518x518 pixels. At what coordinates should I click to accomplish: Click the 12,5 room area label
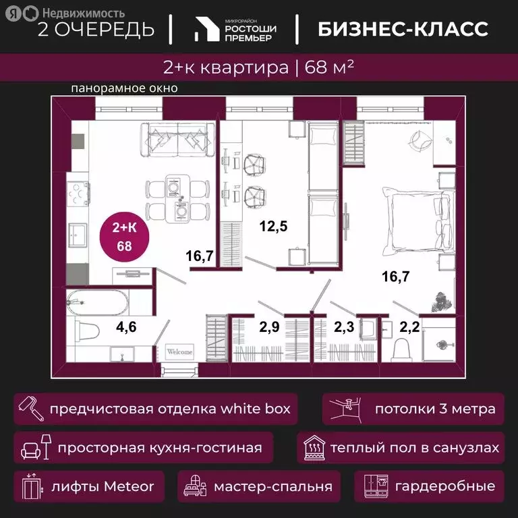click(275, 227)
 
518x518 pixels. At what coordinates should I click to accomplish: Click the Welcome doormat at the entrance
click(179, 351)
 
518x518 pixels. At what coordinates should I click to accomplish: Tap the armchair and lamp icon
click(34, 447)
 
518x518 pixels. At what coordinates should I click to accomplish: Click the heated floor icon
click(314, 447)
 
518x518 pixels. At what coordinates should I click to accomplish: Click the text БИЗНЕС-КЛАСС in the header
click(402, 28)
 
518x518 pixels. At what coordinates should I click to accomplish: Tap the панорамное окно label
click(124, 88)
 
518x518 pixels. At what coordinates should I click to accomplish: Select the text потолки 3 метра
click(435, 409)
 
